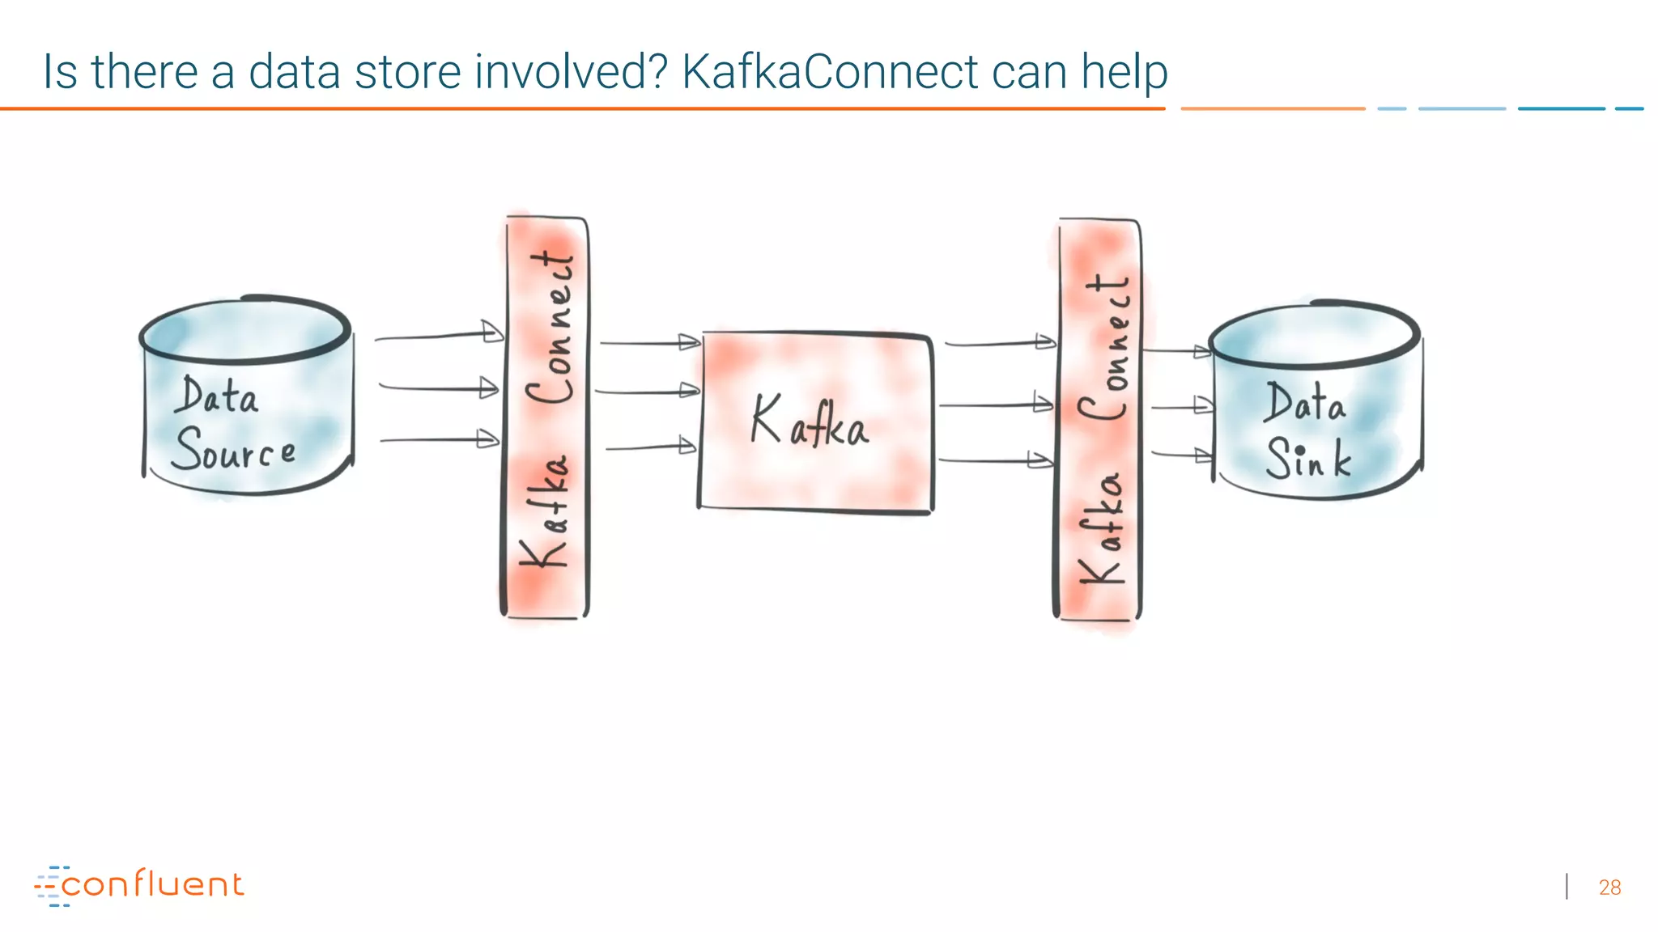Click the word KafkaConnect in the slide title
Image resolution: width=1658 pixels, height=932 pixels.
coord(830,71)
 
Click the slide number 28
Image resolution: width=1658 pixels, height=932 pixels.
coord(1609,888)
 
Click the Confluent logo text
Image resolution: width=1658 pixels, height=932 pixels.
coord(151,884)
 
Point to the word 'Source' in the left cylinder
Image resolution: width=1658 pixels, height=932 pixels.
coord(233,450)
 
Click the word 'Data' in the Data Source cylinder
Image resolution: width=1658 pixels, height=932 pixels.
coord(217,396)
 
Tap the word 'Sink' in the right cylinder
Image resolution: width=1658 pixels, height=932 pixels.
coord(1308,458)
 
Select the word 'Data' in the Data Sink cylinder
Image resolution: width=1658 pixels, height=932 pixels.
coord(1305,403)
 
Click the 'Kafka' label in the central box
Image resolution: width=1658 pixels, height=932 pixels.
coord(810,422)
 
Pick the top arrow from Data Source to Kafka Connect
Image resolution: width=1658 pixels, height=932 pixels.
coord(439,335)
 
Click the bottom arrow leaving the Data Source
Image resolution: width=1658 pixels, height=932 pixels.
coord(439,439)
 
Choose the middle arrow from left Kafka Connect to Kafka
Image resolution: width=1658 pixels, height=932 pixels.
coord(648,392)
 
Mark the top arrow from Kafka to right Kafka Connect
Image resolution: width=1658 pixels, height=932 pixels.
coord(1000,343)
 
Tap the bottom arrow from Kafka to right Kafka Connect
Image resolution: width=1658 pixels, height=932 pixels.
coord(996,460)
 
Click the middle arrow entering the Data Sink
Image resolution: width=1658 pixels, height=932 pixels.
coord(1182,406)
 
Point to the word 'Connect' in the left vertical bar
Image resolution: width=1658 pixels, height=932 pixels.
coord(551,328)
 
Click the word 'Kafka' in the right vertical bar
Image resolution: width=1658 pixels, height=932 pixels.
coord(1102,530)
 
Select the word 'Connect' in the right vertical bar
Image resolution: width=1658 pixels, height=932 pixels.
coord(1104,348)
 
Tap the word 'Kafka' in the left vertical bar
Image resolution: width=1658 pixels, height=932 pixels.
coord(544,512)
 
